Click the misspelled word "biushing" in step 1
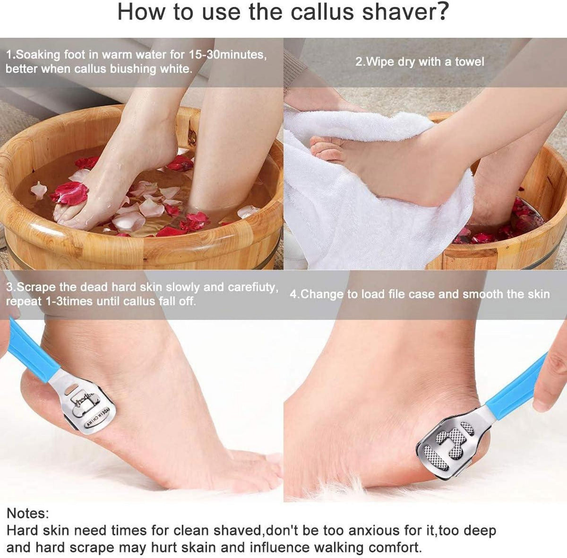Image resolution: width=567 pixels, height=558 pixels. [132, 69]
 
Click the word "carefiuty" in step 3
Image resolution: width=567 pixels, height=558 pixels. [253, 288]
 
